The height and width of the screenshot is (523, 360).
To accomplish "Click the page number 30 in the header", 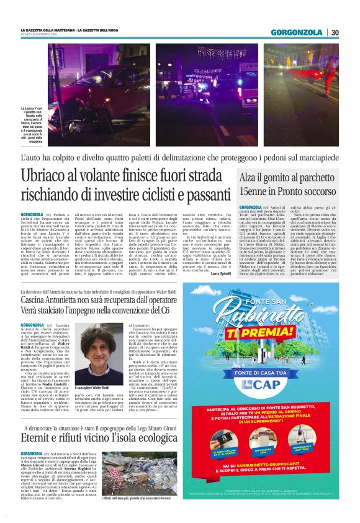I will (335, 32).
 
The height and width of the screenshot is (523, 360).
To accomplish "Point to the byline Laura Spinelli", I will (217, 273).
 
